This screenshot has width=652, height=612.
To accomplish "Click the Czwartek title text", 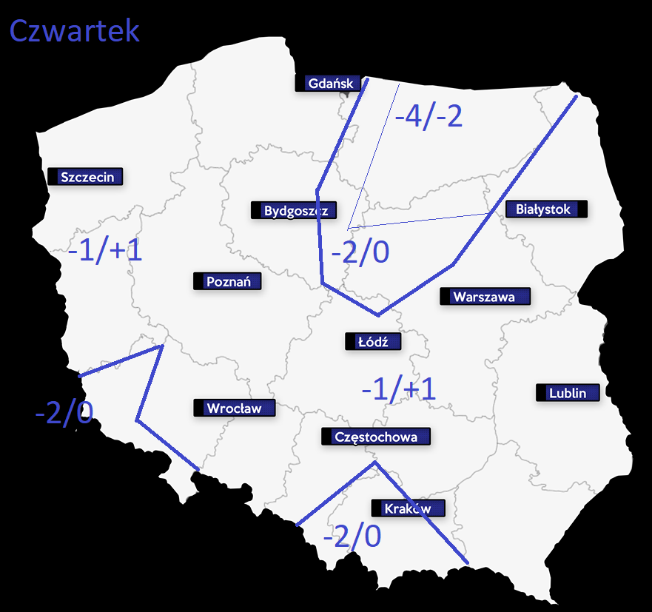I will pyautogui.click(x=74, y=31).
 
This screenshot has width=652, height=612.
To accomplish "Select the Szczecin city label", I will pyautogui.click(x=86, y=177).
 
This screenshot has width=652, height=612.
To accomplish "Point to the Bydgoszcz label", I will pyautogui.click(x=295, y=211).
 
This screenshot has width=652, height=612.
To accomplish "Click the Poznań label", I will pyautogui.click(x=228, y=281).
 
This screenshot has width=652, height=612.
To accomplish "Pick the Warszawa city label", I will pyautogui.click(x=485, y=297).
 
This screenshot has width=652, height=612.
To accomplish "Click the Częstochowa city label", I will pyautogui.click(x=375, y=437).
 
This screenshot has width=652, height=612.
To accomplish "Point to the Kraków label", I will pyautogui.click(x=409, y=508).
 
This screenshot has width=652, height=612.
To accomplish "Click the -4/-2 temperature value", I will pyautogui.click(x=428, y=117).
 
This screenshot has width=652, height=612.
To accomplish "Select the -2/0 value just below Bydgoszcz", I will pyautogui.click(x=360, y=253).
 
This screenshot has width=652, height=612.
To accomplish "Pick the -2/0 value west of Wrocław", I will pyautogui.click(x=64, y=413).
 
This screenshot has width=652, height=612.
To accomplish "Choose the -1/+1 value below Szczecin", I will pyautogui.click(x=104, y=251).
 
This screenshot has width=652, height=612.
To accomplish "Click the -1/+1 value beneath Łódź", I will pyautogui.click(x=398, y=389).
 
